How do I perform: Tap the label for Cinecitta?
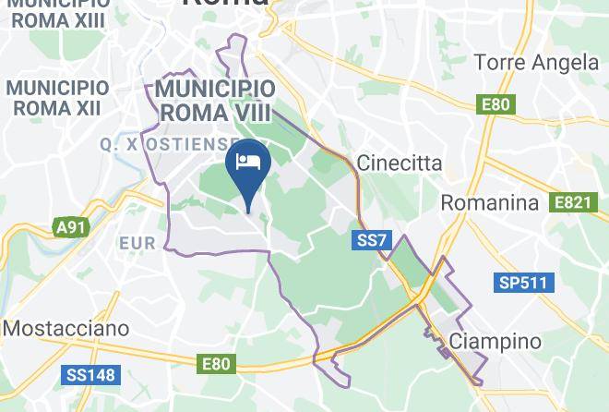[x=400, y=164]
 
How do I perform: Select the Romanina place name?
[x=489, y=202]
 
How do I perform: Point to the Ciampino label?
[x=495, y=342]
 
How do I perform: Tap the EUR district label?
[x=137, y=244]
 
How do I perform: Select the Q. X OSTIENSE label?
[x=171, y=144]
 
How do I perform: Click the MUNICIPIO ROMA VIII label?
[x=215, y=101]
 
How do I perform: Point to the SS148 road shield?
[x=90, y=375]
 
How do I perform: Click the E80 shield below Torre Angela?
[x=496, y=104]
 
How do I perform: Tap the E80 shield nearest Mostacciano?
[x=216, y=364]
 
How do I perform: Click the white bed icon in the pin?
[x=248, y=163]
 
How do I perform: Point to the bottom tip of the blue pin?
[x=248, y=212]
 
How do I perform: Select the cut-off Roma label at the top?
[x=226, y=4]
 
